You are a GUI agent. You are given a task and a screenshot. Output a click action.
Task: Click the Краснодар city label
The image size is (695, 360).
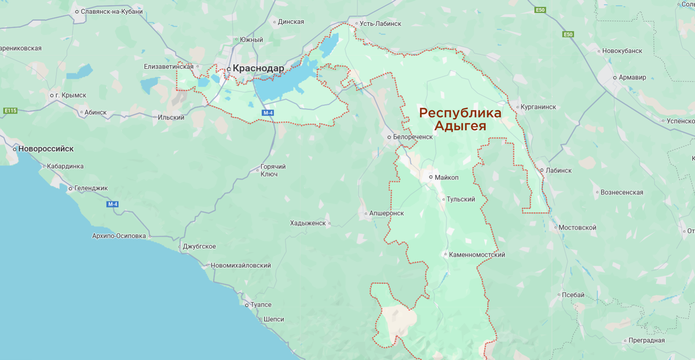258,68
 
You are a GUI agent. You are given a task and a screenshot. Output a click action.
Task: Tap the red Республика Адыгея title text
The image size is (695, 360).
460,119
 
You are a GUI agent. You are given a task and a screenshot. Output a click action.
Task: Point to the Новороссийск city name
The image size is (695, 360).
46,149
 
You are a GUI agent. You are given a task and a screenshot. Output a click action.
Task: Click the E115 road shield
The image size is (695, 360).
10,110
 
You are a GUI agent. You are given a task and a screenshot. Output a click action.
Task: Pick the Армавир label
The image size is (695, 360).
632,77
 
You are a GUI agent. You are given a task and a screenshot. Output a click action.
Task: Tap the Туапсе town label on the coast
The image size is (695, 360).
260,304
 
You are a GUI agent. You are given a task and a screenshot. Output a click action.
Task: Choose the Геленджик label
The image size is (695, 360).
91,188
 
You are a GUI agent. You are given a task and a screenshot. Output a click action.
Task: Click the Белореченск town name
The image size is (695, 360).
413,137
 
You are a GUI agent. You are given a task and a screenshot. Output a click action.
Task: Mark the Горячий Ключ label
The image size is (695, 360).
269,170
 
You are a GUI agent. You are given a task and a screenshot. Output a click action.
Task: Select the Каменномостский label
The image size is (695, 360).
477,255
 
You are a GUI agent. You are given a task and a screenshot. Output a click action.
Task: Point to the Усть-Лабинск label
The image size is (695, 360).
380,24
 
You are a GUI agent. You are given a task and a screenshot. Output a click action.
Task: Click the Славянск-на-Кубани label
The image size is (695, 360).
112,11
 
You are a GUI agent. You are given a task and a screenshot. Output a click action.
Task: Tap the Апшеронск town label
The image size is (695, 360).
386,213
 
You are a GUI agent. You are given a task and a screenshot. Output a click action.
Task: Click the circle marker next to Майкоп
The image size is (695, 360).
431,177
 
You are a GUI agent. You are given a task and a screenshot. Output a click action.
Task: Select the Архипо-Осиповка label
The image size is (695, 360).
119,236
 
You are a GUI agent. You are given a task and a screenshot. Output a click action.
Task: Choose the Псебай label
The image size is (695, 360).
573,295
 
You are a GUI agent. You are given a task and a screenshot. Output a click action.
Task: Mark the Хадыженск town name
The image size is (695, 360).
308,223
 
